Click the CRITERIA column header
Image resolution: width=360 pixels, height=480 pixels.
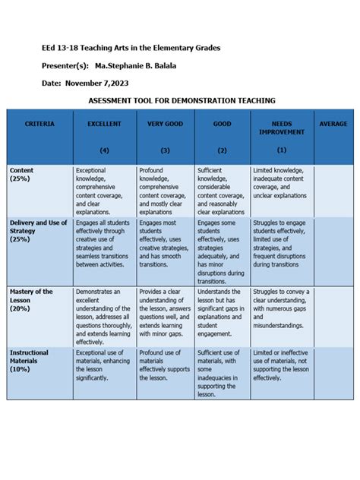click(x=39, y=124)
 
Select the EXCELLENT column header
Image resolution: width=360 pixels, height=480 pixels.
click(x=104, y=124)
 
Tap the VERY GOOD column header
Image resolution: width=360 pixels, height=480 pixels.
click(x=165, y=124)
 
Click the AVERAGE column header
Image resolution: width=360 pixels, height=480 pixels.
click(x=333, y=124)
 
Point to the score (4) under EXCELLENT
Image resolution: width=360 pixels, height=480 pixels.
click(x=104, y=150)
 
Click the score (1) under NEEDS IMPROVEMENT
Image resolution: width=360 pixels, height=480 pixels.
click(x=282, y=150)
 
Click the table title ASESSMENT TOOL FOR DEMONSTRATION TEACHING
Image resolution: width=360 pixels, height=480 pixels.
click(x=181, y=100)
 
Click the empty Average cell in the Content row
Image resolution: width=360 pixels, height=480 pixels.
click(x=333, y=190)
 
